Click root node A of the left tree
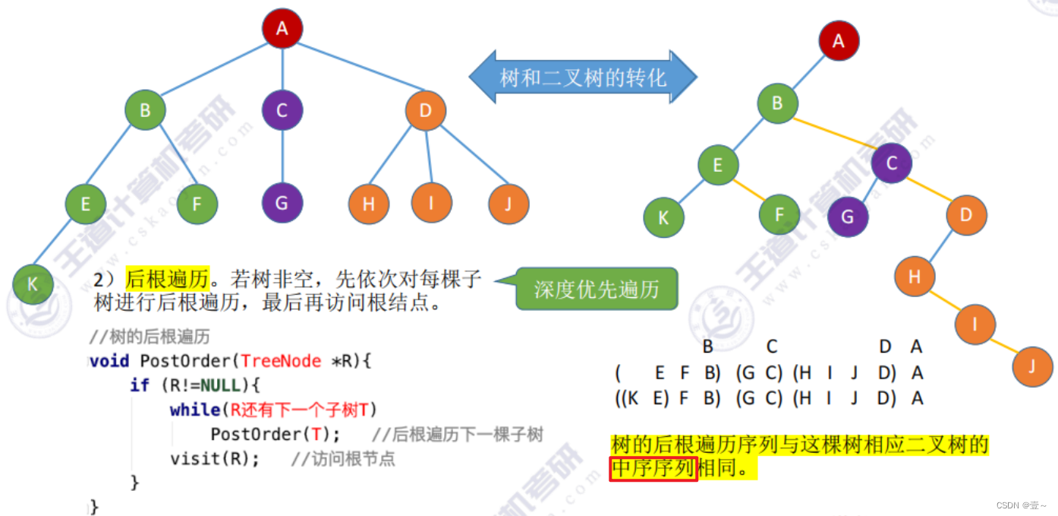coord(282,29)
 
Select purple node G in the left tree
coord(282,203)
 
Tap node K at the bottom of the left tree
coord(33,284)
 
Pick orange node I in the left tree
coord(431,203)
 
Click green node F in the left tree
coord(197,203)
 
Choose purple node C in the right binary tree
coord(892,163)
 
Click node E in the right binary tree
coord(718,164)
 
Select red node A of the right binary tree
coord(839,40)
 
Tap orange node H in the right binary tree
coord(915,277)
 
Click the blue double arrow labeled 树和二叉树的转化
coord(582,78)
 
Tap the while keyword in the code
coord(194,410)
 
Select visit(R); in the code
coord(215,459)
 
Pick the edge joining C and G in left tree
coord(282,157)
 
